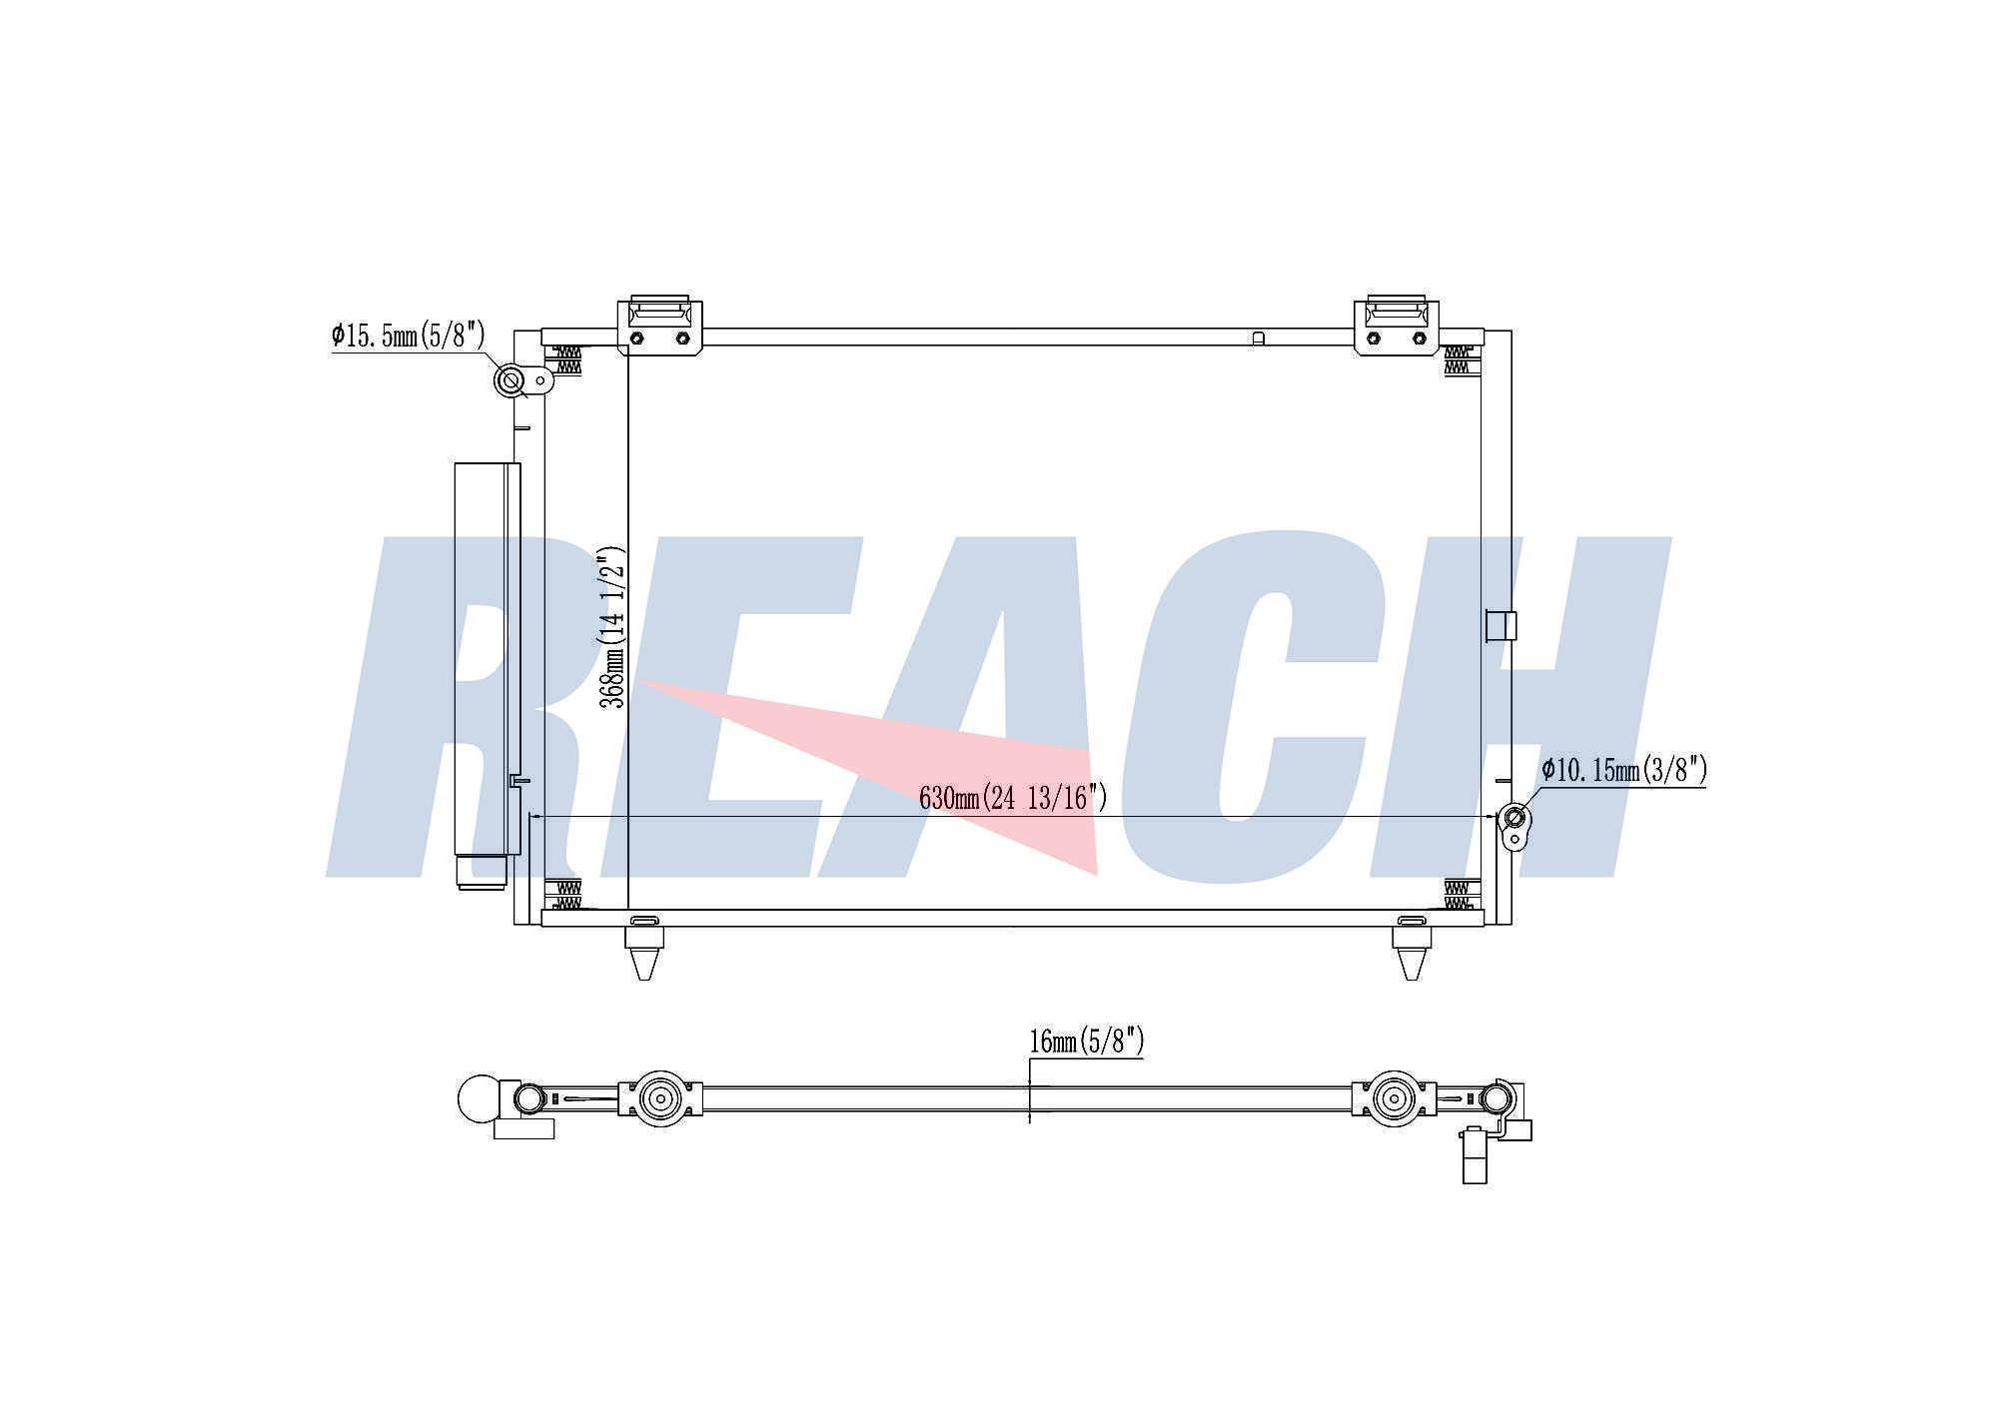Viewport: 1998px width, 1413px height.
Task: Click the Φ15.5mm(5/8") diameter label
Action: [408, 335]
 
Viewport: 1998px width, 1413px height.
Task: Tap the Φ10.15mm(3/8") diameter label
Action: [1624, 770]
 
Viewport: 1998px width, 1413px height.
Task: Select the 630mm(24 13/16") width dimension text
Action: [1013, 797]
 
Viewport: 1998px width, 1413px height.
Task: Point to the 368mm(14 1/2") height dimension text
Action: [611, 627]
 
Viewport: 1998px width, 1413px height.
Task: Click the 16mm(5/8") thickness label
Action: [1087, 1042]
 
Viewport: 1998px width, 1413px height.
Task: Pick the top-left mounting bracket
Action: [659, 326]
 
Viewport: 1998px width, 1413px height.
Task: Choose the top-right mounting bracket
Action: [1397, 326]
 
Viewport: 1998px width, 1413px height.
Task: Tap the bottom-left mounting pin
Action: [644, 953]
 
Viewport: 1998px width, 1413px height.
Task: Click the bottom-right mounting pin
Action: [1412, 953]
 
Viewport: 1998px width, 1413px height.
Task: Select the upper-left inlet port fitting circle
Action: [510, 379]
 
